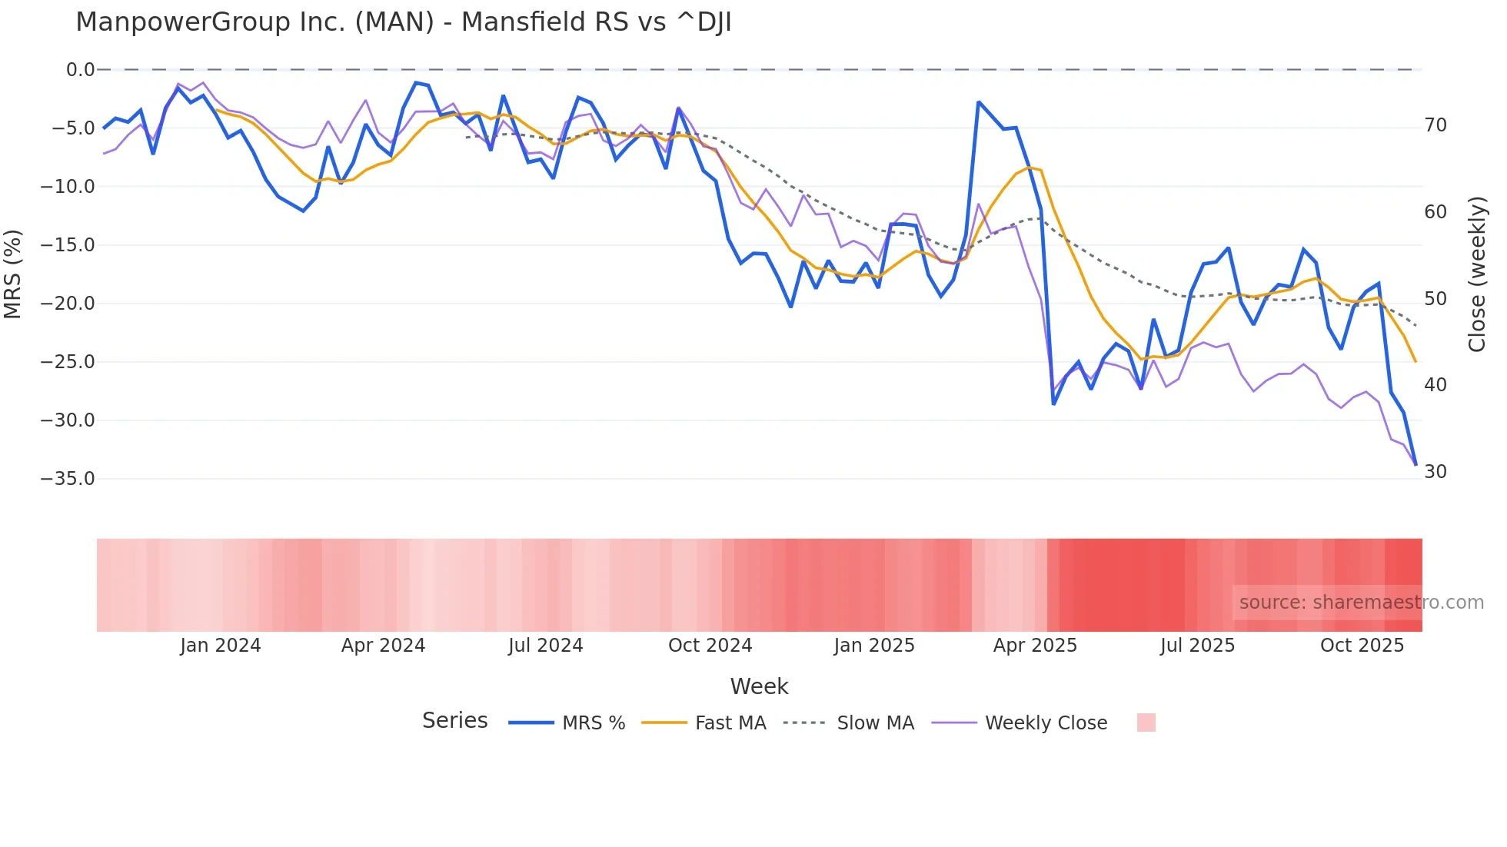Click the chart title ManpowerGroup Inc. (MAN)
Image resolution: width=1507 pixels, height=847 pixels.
[403, 22]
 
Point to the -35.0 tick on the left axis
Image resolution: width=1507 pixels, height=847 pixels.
[68, 479]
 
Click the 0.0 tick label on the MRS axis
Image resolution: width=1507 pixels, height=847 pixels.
[80, 70]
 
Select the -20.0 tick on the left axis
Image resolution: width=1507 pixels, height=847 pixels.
[68, 304]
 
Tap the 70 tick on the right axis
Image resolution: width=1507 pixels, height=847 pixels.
[1435, 125]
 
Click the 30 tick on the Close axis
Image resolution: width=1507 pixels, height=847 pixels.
[1435, 472]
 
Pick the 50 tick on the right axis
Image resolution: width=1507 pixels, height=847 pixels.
[1435, 299]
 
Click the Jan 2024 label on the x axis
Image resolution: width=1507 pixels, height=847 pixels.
[221, 646]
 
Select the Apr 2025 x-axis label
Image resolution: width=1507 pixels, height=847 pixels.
[1035, 646]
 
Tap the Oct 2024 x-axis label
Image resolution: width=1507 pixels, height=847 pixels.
[710, 646]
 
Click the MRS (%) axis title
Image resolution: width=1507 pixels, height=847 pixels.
[13, 274]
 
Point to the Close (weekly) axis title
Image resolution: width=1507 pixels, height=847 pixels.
[1476, 274]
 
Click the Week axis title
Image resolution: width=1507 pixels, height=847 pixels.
[759, 686]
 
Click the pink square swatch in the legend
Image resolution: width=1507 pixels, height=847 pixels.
[1146, 723]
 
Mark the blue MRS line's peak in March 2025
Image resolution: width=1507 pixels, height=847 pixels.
[979, 102]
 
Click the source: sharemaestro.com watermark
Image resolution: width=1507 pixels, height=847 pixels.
[1361, 603]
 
